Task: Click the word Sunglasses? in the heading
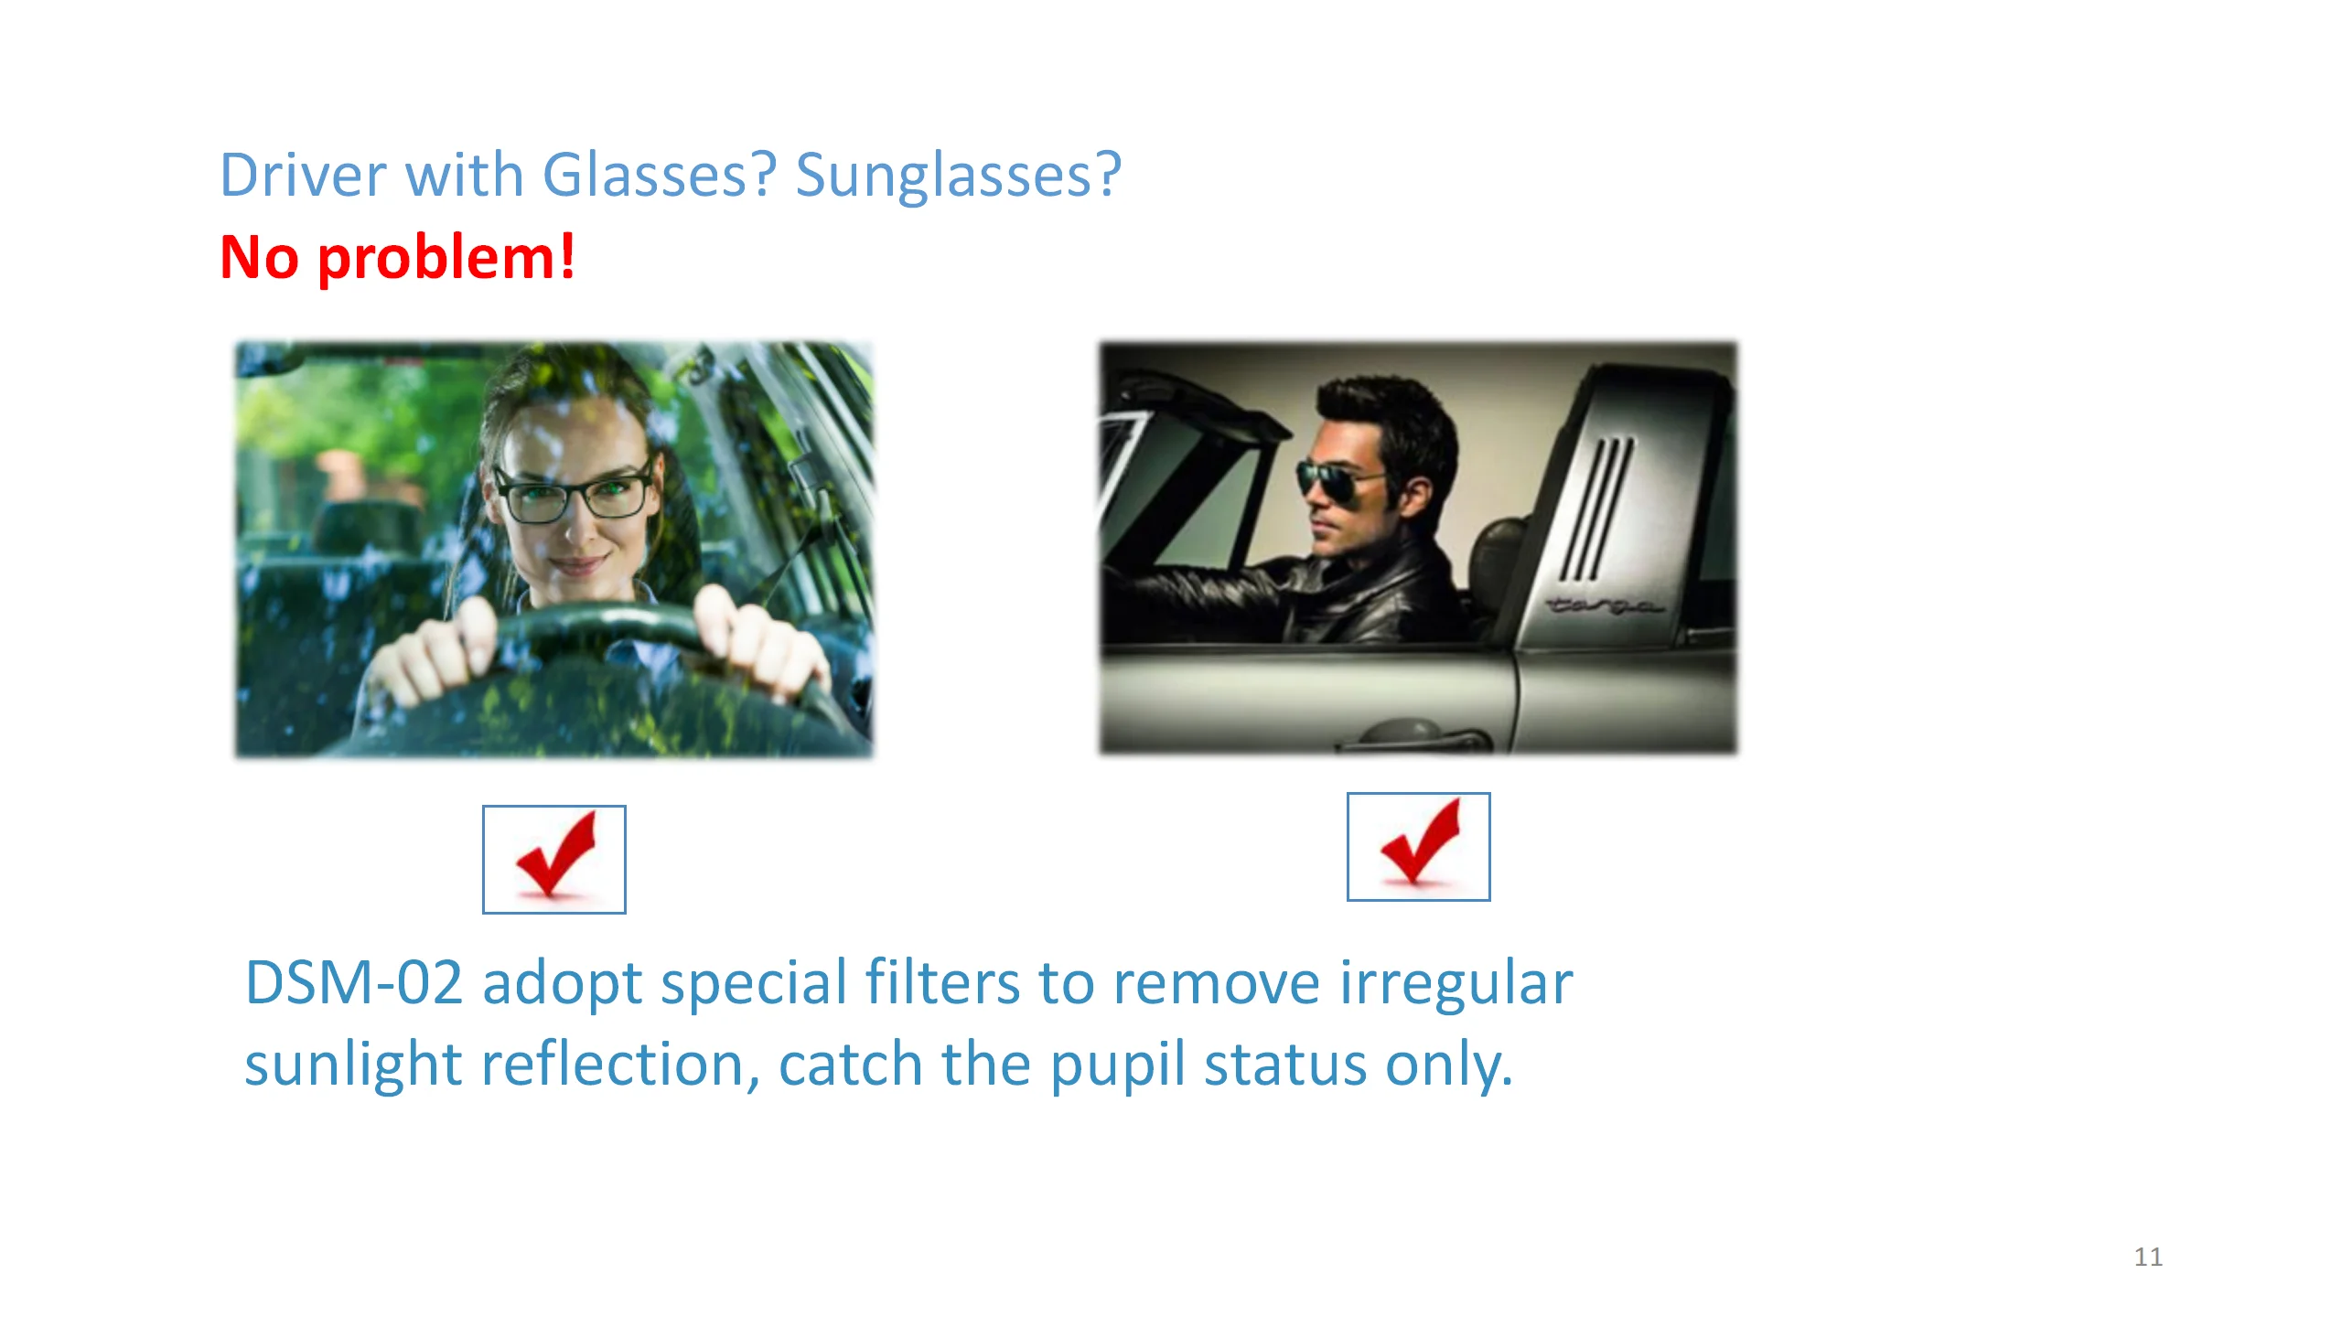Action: pyautogui.click(x=958, y=176)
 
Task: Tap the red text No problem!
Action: pyautogui.click(x=398, y=258)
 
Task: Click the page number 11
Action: pyautogui.click(x=2148, y=1257)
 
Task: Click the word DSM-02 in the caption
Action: pyautogui.click(x=354, y=983)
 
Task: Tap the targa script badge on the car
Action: pyautogui.click(x=1603, y=606)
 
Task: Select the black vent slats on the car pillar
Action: pyautogui.click(x=1597, y=509)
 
